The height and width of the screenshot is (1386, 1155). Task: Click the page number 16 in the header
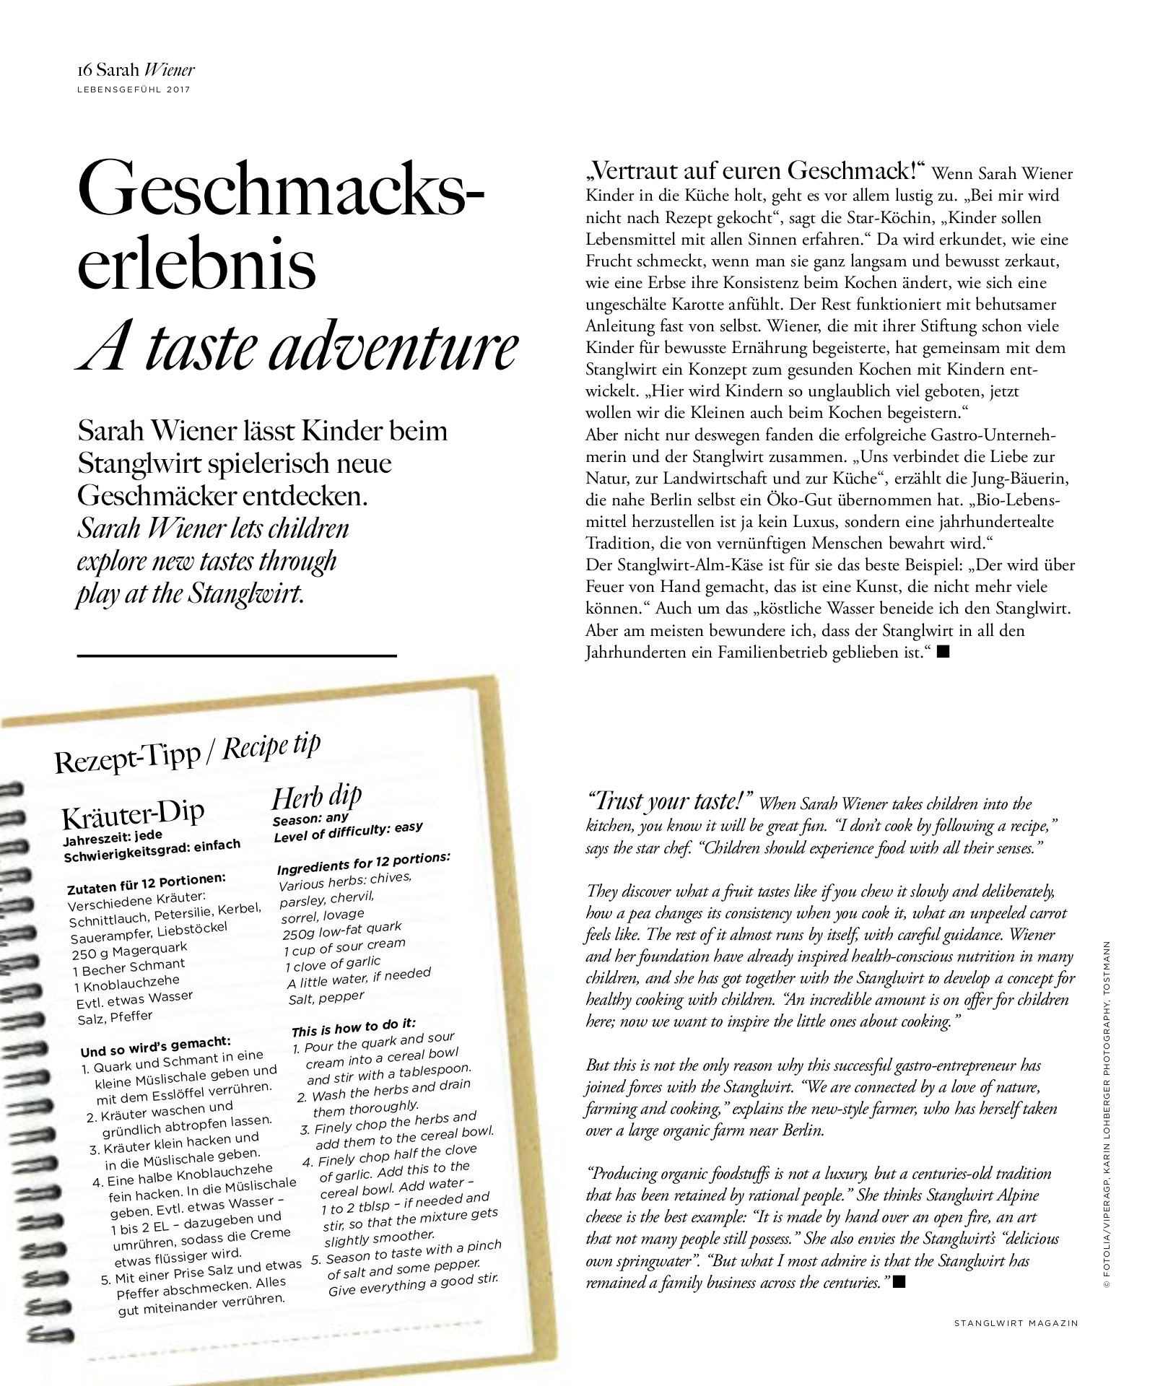coord(84,71)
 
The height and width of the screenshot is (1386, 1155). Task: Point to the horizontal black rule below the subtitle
coord(236,655)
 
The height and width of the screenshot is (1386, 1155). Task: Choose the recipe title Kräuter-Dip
coord(133,814)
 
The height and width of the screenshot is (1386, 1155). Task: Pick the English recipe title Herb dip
coord(316,796)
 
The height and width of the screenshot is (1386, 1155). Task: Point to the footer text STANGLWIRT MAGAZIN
coord(1016,1323)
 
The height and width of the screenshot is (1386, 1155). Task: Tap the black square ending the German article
coord(942,652)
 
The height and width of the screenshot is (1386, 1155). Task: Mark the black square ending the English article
coord(899,1281)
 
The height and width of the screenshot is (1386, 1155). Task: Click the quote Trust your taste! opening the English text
coord(671,801)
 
